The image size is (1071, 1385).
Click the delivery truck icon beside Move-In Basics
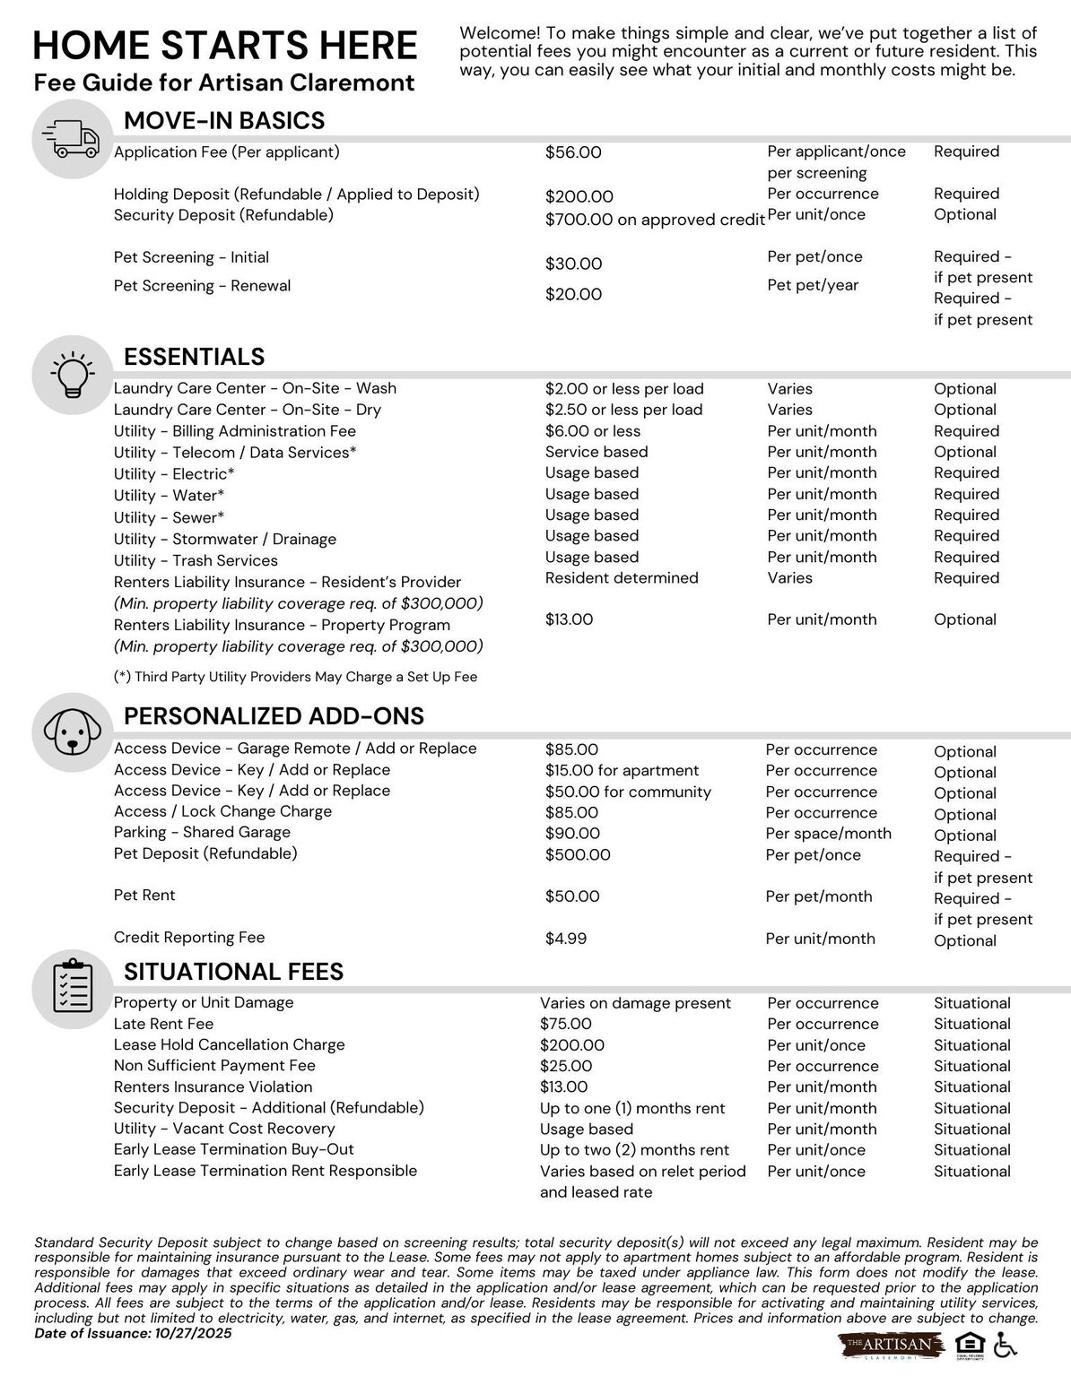coord(70,140)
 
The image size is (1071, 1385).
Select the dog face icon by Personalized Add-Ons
coord(70,732)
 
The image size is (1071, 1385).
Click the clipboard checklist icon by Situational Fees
coord(70,987)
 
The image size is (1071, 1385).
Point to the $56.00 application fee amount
coord(573,152)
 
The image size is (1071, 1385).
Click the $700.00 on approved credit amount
coord(655,220)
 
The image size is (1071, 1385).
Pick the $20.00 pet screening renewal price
coord(573,294)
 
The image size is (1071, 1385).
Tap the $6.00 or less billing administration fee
coord(592,431)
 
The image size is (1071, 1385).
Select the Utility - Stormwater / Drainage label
coord(225,539)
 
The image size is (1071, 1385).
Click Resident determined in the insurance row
coord(621,578)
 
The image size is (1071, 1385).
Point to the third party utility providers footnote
coord(295,677)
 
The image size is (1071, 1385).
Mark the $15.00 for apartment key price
coord(622,770)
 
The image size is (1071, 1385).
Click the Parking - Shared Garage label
coord(202,832)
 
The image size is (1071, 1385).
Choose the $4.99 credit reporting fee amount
coord(566,939)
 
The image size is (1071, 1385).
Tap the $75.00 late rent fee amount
coord(566,1024)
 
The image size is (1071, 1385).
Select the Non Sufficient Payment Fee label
coord(214,1066)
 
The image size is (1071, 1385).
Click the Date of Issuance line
coord(133,1333)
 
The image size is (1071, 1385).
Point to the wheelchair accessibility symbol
coord(1006,1345)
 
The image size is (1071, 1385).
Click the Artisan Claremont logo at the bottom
coord(892,1346)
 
